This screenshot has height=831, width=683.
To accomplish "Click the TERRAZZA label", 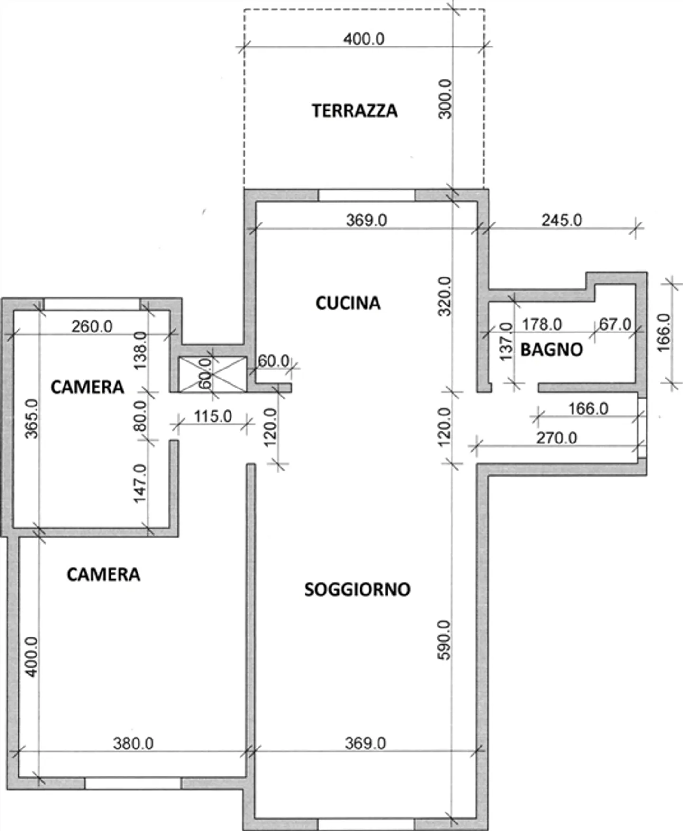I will click(x=354, y=111).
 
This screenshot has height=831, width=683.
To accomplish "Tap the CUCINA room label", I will click(x=348, y=303).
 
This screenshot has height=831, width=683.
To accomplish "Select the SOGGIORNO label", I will click(x=357, y=590).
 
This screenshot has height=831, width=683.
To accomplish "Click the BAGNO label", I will click(x=552, y=350).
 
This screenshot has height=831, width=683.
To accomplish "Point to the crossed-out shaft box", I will click(x=212, y=374).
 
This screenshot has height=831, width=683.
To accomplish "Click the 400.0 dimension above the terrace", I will click(x=364, y=39).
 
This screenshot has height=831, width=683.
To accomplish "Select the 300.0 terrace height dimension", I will click(x=445, y=99).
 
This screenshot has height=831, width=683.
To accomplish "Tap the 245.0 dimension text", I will click(x=562, y=220).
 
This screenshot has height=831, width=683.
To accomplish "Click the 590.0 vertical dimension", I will click(x=444, y=640).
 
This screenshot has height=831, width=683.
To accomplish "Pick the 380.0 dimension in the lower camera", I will click(x=133, y=743).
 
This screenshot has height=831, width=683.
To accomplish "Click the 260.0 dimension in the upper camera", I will click(x=92, y=326).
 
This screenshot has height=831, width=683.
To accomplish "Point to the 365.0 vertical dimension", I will click(x=31, y=418).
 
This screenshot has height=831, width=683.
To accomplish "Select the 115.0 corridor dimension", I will click(x=213, y=416).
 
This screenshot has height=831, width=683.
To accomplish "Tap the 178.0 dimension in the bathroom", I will click(x=542, y=324).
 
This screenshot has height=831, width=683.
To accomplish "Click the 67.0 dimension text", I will click(x=615, y=324).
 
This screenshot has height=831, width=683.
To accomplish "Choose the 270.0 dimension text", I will click(x=556, y=438).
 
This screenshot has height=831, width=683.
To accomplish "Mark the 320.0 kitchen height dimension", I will click(x=445, y=296).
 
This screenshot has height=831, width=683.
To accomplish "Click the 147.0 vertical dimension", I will click(x=140, y=483).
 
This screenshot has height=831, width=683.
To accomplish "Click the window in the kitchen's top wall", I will click(x=366, y=195).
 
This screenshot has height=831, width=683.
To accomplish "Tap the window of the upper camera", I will click(x=92, y=304).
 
